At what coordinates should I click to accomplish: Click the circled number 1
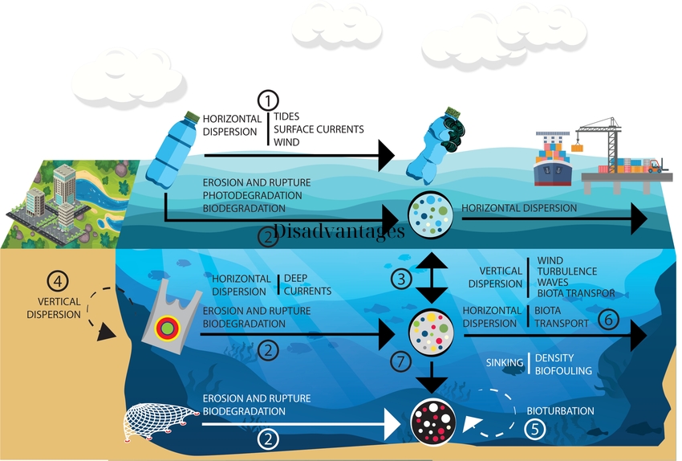267,101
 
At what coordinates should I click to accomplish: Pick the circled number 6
609,319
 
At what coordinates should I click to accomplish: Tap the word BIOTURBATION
561,411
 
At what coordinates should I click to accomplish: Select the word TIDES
287,117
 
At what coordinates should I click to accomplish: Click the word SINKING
505,363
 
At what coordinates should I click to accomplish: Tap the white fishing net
160,421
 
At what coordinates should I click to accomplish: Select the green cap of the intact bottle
192,116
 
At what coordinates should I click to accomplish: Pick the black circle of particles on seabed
434,419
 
